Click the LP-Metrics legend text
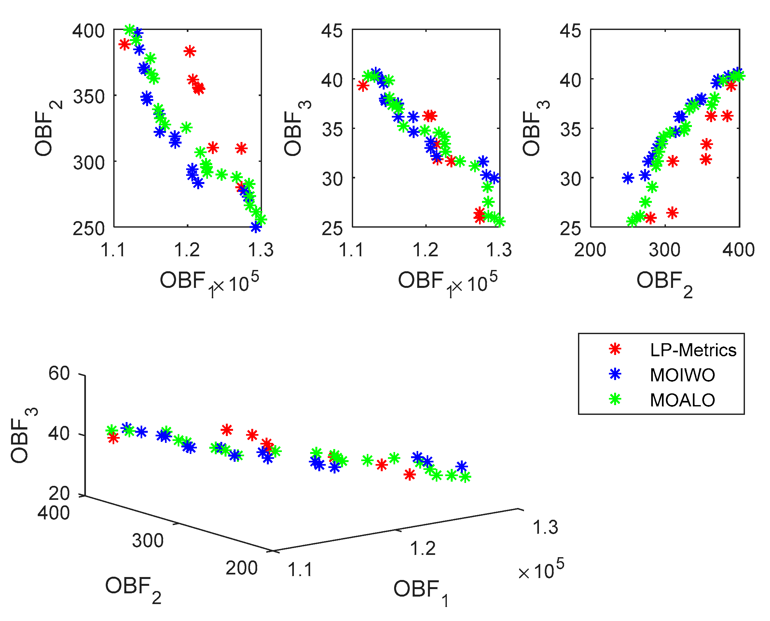[693, 350]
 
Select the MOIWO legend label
[682, 375]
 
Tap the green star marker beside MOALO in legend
[615, 399]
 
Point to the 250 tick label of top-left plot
[88, 229]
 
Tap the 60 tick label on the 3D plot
[59, 374]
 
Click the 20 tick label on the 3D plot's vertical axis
[59, 494]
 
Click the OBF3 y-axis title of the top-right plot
[534, 129]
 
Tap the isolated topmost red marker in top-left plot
[190, 51]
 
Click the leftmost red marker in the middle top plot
[363, 86]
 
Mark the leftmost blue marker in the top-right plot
[628, 178]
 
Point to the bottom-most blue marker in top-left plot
[255, 227]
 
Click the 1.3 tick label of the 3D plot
[545, 528]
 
